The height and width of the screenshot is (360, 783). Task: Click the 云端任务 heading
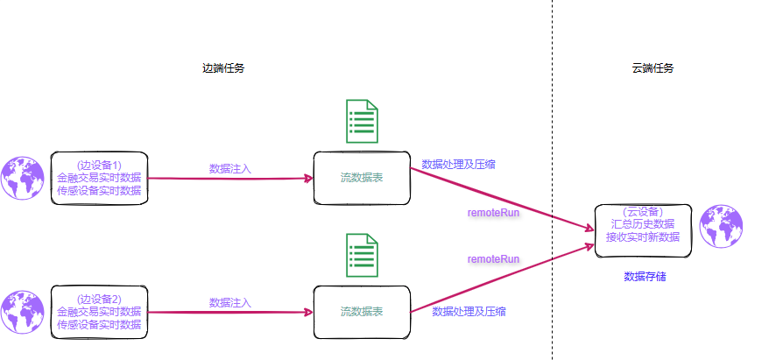click(652, 68)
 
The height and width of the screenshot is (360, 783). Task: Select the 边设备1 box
click(99, 178)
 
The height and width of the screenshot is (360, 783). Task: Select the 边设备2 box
click(99, 312)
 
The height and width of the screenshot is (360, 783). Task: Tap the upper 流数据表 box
click(362, 178)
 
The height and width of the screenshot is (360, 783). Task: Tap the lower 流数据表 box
click(362, 312)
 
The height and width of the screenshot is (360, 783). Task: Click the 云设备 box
click(643, 230)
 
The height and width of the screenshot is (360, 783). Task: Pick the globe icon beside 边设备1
click(23, 178)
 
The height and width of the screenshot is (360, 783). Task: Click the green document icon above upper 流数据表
click(362, 122)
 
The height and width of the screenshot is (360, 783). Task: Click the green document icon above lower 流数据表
click(362, 256)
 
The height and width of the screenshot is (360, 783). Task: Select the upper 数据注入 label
click(230, 168)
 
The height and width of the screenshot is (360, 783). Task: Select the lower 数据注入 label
click(230, 302)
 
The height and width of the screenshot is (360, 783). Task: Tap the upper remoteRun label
click(494, 213)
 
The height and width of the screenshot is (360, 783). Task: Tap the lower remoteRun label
click(494, 259)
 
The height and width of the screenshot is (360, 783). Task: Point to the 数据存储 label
click(645, 276)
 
